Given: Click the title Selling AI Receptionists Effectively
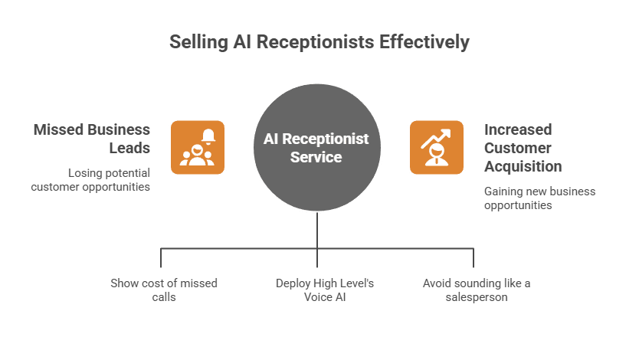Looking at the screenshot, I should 319,42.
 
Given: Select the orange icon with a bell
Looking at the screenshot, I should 197,148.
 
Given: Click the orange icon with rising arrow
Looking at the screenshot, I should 437,148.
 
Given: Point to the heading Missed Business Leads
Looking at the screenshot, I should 91,139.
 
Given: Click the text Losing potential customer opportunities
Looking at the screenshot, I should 91,180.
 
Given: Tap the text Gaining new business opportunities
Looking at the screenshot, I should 539,198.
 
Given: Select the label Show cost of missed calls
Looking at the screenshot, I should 164,290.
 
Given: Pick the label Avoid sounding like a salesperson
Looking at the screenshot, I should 476,290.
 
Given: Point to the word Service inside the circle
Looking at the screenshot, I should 316,158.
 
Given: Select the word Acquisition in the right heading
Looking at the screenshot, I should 523,166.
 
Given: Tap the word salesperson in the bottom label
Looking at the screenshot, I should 476,296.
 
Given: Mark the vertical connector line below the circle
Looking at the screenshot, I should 316,230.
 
